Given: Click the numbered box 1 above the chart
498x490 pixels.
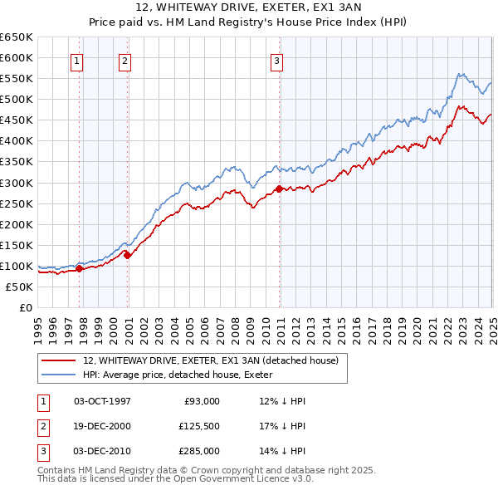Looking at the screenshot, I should pos(76,60).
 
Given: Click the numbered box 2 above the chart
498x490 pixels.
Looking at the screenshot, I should pos(124,60).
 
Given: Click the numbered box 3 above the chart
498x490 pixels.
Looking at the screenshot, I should pos(276,60).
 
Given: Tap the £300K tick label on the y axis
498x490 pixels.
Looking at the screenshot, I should pos(16,183).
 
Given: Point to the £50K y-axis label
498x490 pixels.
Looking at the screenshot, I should pos(19,287).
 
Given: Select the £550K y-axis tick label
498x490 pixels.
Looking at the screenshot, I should pos(16,78).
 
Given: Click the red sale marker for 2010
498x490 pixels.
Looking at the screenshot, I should pos(279,189).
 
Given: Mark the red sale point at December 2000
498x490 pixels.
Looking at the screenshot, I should pos(128,255).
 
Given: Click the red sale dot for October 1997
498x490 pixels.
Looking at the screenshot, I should pos(80,268).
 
